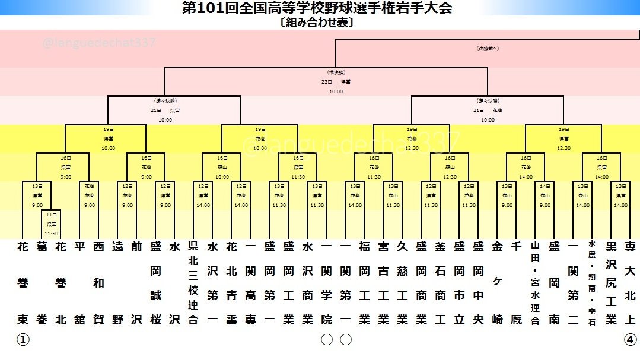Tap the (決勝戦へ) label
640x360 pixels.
(x=488, y=48)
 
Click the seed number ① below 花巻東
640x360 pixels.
(x=23, y=340)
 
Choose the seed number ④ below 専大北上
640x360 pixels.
(x=630, y=340)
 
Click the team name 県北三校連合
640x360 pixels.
(x=193, y=283)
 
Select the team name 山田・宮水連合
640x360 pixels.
(x=535, y=283)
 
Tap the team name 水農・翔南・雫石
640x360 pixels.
(x=592, y=283)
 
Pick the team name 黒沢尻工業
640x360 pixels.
(x=611, y=283)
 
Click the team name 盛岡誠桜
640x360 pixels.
(x=155, y=283)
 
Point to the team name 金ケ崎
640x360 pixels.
(x=497, y=283)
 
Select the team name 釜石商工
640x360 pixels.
(x=440, y=283)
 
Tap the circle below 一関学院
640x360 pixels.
(x=326, y=340)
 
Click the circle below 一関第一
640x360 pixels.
(x=345, y=340)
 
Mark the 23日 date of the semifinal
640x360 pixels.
(x=326, y=81)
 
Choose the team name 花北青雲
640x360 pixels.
(x=231, y=283)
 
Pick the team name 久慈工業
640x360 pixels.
(x=402, y=283)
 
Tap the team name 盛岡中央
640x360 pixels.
(x=478, y=283)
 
